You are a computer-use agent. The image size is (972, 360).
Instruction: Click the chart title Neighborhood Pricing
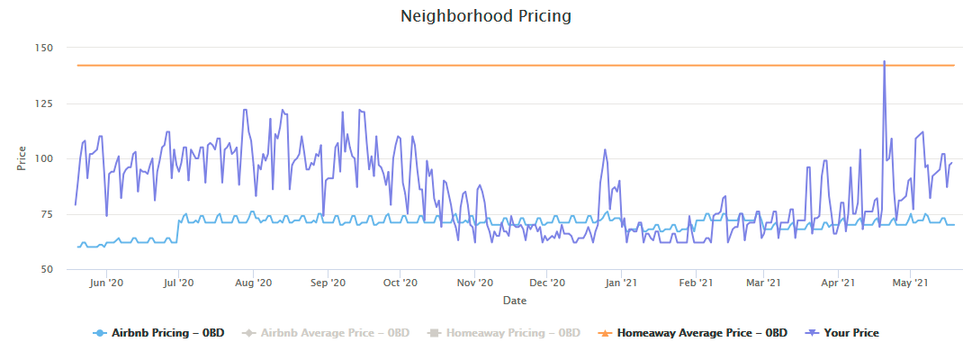click(x=485, y=16)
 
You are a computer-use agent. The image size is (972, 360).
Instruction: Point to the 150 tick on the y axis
click(x=44, y=47)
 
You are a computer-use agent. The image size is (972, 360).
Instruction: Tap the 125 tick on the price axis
click(x=44, y=103)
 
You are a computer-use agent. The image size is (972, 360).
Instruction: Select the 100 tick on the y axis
click(x=44, y=158)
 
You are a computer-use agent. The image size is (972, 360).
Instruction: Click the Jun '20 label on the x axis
click(x=106, y=283)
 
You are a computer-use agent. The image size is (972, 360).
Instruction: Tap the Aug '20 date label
click(x=253, y=283)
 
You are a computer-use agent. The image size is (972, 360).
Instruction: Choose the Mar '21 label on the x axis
click(x=762, y=283)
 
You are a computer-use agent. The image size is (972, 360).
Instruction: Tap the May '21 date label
click(x=910, y=283)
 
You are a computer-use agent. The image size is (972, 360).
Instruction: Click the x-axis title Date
click(x=515, y=300)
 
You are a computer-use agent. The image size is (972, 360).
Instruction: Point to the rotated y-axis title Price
click(x=22, y=158)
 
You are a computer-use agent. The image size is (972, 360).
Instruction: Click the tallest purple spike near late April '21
click(x=885, y=62)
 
